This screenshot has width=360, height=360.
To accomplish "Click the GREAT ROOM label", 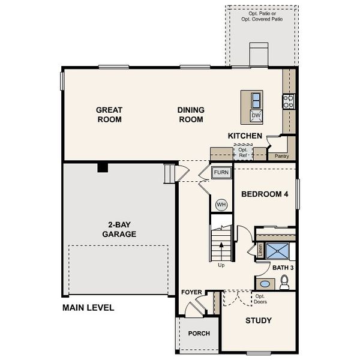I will click(109, 115).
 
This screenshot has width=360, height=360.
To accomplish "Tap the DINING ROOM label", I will click(191, 115).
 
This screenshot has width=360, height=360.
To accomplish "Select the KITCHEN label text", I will click(245, 136).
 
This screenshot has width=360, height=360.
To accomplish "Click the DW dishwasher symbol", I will click(256, 115).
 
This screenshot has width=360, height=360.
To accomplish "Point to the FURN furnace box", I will click(221, 172).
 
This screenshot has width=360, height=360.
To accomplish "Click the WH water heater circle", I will click(221, 205).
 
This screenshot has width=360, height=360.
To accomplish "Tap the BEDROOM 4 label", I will click(265, 194).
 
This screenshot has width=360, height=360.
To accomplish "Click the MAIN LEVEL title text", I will click(88, 308).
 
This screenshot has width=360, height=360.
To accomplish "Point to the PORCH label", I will click(199, 334).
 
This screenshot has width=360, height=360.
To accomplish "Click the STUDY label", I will click(259, 320).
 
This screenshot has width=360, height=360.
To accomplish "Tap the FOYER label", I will click(191, 292).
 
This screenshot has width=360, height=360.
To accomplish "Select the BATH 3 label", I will click(283, 267).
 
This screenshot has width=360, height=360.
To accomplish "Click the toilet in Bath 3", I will click(284, 281).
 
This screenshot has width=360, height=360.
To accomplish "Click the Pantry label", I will click(282, 156).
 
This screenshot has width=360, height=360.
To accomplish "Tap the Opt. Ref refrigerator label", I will click(243, 152).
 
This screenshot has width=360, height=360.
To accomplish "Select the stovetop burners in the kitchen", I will click(289, 101).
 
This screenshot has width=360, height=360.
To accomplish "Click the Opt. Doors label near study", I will click(260, 299).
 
